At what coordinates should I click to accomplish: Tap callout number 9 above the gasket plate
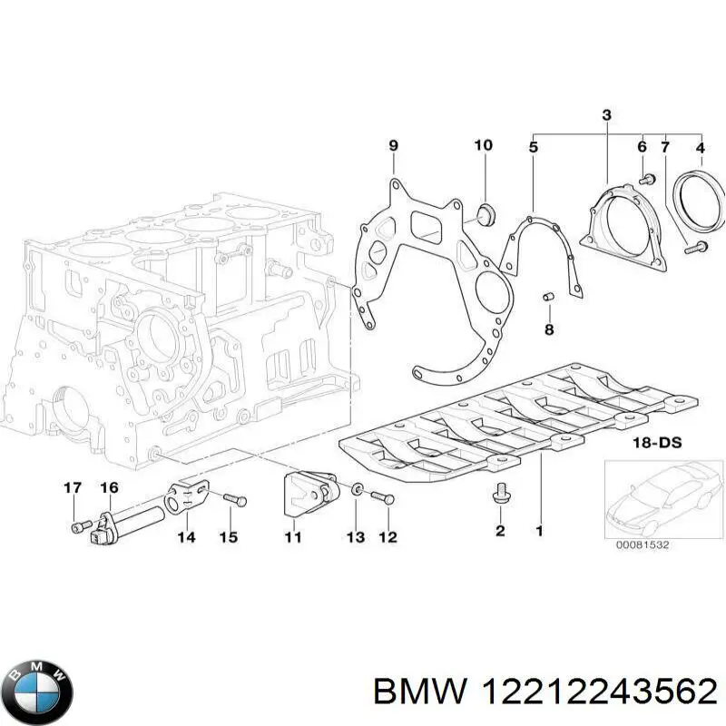393,145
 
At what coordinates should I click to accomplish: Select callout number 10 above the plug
483,145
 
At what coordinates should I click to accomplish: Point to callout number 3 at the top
606,115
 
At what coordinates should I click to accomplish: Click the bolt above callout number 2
498,495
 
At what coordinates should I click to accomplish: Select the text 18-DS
658,443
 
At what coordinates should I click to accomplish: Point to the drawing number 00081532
643,546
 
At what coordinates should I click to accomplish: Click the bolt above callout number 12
382,496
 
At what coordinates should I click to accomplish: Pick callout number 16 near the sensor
109,488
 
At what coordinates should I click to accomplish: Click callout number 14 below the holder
186,536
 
